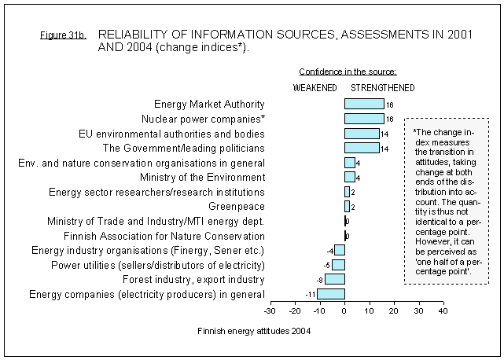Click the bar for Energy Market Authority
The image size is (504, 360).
[364, 104]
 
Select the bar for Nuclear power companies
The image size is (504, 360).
[364, 119]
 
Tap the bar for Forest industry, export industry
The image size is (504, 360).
[335, 279]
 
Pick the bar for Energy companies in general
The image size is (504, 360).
[331, 294]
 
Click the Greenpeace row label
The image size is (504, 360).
[237, 206]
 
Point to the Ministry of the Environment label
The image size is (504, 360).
[203, 177]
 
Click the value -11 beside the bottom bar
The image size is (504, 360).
[311, 294]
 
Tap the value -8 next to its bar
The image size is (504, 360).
[320, 280]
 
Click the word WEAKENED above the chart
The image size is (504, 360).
[315, 87]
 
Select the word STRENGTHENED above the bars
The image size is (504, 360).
[383, 87]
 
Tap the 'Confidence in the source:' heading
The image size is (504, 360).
[348, 72]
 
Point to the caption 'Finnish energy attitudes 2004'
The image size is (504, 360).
[254, 332]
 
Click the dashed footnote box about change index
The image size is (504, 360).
[446, 200]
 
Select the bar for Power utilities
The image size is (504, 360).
[338, 265]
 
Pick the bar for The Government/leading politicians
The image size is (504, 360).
[362, 148]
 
